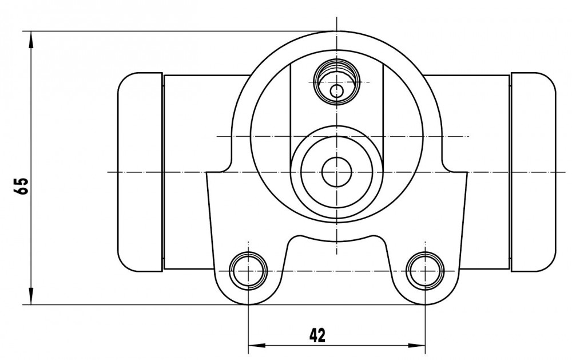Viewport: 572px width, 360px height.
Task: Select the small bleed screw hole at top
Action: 337,90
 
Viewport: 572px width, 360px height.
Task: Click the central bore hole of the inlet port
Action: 337,172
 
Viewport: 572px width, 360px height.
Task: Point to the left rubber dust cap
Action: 140,172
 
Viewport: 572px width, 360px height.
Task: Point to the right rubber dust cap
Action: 534,172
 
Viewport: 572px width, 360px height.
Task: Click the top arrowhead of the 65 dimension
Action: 31,39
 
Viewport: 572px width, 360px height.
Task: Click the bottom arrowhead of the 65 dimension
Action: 31,296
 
